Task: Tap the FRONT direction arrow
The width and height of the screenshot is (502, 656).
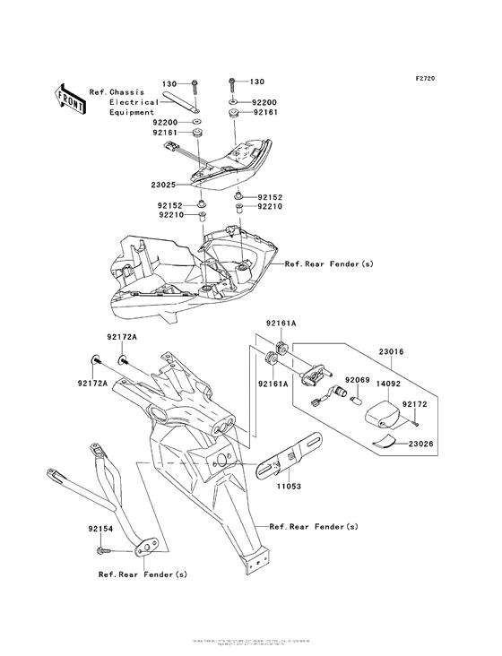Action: tap(70, 98)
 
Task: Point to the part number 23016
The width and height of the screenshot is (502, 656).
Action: tap(392, 352)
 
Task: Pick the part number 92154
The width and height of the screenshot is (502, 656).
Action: tap(101, 530)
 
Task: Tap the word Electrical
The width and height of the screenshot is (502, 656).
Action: tap(134, 102)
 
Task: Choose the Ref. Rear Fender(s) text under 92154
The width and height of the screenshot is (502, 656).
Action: tap(143, 574)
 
